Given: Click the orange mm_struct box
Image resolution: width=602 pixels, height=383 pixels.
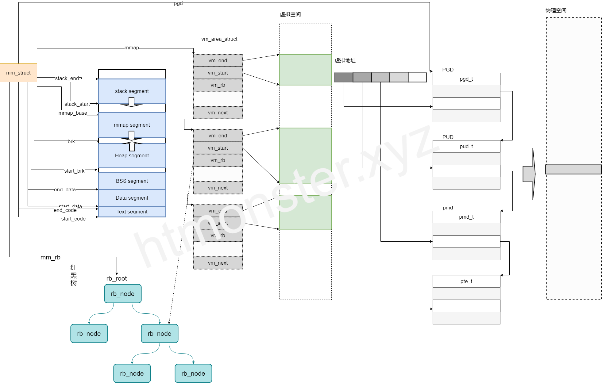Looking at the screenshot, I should tap(18, 73).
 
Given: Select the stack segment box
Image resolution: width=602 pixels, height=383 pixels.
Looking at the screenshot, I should tap(132, 91).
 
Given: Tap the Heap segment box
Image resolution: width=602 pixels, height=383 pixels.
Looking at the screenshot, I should tap(132, 155).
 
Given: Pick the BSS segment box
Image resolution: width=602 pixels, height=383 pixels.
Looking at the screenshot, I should tap(132, 181).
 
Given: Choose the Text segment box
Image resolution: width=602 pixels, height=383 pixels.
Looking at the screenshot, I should tap(132, 212).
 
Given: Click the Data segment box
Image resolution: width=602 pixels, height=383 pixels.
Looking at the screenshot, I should tap(132, 198).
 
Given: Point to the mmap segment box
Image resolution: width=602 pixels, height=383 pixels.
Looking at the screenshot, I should tap(132, 125).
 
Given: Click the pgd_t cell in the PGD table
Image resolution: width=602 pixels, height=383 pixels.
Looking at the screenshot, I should tap(466, 79).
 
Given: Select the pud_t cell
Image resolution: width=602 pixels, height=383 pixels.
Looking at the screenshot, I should tap(466, 146).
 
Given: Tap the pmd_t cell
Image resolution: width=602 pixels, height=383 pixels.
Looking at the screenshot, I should tap(466, 217).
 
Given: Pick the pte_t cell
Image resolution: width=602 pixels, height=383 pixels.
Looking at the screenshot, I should tap(466, 281).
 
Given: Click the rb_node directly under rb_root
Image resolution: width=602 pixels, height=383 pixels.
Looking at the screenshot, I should tap(123, 293).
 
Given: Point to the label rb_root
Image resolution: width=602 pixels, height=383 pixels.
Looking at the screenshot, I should tap(117, 278).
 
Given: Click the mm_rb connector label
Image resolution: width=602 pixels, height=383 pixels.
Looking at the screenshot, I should tap(50, 257).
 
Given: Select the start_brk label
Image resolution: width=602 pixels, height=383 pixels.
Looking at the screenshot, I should tap(74, 171).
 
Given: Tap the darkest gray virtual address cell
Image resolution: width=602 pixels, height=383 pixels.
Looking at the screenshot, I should tap(343, 77).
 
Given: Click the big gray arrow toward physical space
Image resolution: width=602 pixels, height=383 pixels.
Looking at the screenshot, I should tap(529, 174).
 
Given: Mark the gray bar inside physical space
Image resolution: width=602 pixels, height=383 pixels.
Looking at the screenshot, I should tap(573, 169).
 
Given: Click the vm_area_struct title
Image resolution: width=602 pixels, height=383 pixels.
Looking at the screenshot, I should tap(219, 39).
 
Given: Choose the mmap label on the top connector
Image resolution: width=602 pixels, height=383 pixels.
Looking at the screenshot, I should tap(132, 48).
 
